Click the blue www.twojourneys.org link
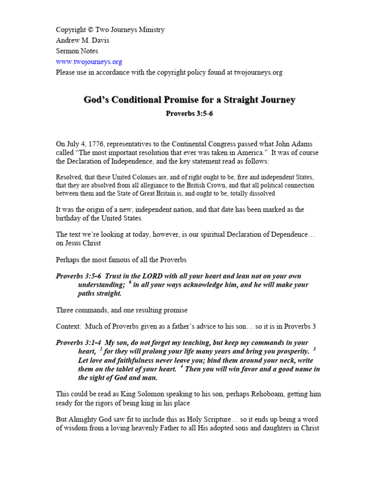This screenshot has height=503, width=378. (x=89, y=62)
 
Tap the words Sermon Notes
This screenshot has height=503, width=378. (x=77, y=51)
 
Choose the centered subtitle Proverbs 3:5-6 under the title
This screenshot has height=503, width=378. (x=189, y=113)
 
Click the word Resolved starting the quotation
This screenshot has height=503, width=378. (x=69, y=177)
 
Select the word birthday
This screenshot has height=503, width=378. (x=71, y=218)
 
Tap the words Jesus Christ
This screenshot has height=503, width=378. (x=86, y=243)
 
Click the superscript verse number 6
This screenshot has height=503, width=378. (x=129, y=282)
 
